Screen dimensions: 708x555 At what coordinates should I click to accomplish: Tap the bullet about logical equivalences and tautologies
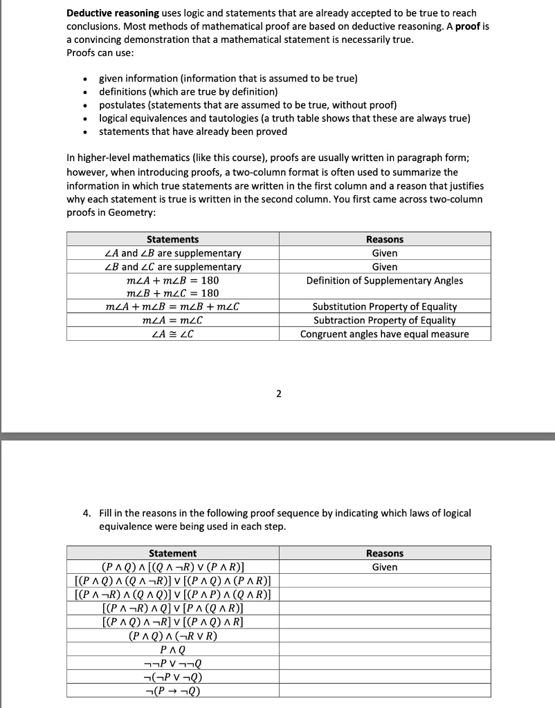coord(284,118)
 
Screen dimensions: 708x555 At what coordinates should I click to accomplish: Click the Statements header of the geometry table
coord(172,239)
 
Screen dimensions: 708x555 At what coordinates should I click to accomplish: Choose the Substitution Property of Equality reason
coord(385,306)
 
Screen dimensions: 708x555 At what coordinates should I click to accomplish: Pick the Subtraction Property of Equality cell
coord(385,320)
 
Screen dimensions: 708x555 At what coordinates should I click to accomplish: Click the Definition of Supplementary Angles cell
coord(385,280)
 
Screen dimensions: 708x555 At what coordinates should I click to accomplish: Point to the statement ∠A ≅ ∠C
coord(172,334)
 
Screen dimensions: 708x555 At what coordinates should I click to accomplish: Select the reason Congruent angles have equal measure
coord(385,334)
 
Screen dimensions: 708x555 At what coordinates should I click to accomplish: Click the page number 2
coord(278,394)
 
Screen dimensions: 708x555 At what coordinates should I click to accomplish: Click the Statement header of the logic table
coord(172,553)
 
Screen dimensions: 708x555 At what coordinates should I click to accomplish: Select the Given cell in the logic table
coord(385,567)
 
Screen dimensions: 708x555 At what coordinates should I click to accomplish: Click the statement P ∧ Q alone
coord(172,649)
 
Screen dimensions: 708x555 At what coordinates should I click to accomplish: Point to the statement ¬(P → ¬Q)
coord(172,690)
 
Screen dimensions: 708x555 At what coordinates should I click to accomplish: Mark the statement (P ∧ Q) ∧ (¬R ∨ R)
coord(172,635)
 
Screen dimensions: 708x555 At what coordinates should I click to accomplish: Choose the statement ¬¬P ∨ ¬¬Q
coord(172,663)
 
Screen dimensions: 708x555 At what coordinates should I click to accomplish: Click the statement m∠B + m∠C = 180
coord(172,293)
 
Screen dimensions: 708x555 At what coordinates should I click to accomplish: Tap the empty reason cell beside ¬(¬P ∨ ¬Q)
coord(385,677)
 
